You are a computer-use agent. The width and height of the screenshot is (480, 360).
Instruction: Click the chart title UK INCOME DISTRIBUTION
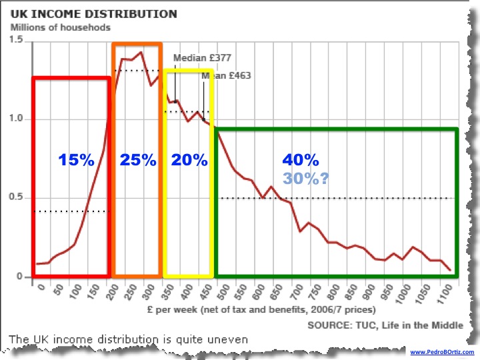(93, 14)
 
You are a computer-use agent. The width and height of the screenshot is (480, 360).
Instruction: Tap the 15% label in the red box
(76, 160)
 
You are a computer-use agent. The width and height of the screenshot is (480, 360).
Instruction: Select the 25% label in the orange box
(138, 160)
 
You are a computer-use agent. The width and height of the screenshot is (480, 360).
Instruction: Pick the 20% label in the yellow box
(190, 160)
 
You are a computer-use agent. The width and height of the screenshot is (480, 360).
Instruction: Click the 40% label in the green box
(301, 160)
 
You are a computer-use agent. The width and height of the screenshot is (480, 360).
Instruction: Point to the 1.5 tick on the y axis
(17, 41)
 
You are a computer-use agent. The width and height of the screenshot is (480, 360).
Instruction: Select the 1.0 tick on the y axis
(17, 119)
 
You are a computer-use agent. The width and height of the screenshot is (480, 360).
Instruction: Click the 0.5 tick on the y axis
(17, 198)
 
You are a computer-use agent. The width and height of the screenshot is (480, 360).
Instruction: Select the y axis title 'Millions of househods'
(61, 27)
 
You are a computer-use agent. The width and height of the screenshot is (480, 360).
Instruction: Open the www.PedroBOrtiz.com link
(441, 352)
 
